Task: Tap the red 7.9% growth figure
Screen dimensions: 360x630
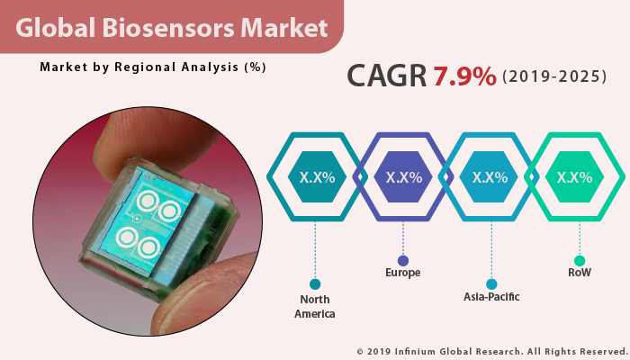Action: point(464,76)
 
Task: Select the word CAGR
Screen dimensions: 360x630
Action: point(387,76)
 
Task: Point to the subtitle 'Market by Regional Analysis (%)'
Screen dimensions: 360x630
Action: point(153,67)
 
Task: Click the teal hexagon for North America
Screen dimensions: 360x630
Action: point(316,177)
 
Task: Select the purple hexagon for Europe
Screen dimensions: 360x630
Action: point(402,177)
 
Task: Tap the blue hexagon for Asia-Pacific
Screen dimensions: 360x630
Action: point(490,177)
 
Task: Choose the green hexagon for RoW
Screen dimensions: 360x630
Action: point(575,177)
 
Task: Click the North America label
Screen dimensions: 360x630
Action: point(315,307)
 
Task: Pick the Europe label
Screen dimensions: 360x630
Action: point(402,273)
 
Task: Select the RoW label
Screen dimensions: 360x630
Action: point(578,273)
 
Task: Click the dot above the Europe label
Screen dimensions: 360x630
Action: point(402,259)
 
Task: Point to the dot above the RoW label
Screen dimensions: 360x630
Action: point(578,259)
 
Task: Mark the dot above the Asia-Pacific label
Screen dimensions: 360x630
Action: point(490,283)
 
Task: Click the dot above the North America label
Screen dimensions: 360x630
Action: point(315,283)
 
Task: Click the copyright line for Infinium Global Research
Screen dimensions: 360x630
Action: point(490,351)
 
